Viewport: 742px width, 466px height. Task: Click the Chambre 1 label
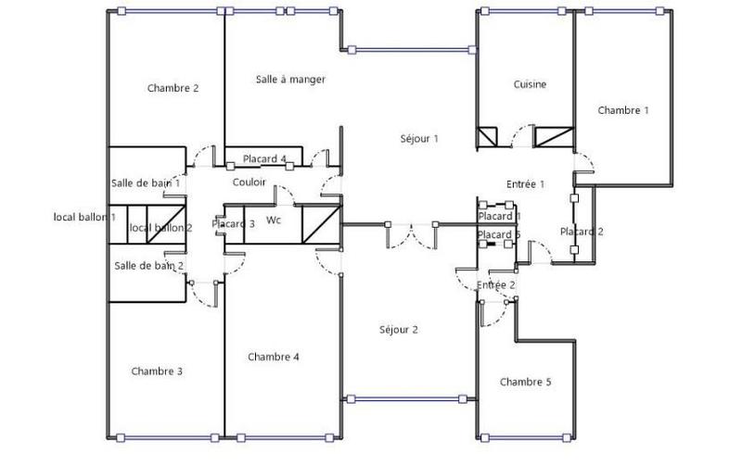[622, 110]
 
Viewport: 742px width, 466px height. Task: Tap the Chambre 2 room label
[173, 89]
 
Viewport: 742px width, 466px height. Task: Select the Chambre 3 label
[157, 372]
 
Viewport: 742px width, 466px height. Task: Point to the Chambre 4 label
[274, 357]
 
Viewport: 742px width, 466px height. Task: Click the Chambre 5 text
[525, 382]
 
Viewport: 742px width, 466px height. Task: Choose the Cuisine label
[530, 84]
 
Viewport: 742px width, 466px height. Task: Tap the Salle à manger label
[290, 80]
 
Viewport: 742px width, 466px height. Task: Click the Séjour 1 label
[418, 138]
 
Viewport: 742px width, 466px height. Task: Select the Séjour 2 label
[399, 330]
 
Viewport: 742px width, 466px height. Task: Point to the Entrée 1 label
[525, 184]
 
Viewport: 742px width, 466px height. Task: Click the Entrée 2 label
[495, 284]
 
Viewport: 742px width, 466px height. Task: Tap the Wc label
[274, 220]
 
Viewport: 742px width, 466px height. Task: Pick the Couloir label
[249, 183]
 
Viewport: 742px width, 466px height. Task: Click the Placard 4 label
[265, 158]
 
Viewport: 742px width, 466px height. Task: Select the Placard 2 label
[582, 232]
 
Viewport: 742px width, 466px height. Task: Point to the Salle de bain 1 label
[146, 183]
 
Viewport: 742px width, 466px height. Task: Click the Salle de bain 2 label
[148, 266]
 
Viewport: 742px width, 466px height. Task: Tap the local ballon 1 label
[84, 217]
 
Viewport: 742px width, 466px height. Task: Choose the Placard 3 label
[233, 223]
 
